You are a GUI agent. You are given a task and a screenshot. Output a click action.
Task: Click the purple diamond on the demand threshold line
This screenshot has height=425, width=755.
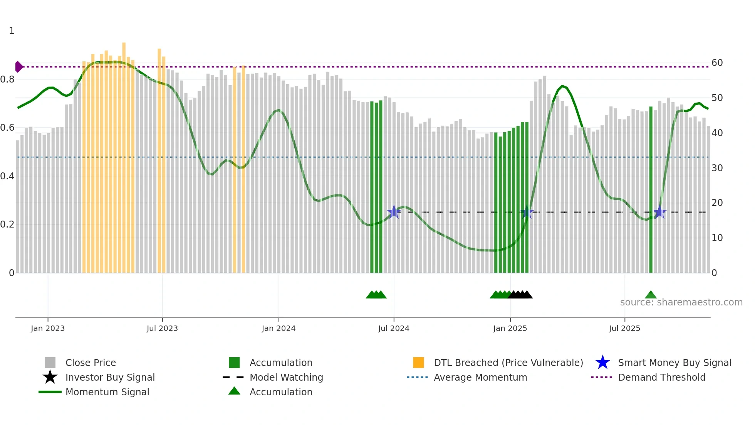[x=18, y=67]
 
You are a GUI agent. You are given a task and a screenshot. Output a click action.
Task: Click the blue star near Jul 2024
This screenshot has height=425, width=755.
[x=394, y=212]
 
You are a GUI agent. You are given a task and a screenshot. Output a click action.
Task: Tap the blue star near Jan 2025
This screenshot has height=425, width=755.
[x=527, y=212]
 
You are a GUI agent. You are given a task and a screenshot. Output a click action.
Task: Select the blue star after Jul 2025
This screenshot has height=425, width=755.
[x=659, y=212]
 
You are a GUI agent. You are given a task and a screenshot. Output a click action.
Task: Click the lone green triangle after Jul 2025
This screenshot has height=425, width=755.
[x=651, y=295]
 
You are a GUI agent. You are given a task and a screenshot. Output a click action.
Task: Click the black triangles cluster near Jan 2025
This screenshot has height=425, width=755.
[x=520, y=295]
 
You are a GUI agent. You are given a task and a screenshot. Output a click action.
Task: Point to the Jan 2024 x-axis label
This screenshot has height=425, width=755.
[x=279, y=328]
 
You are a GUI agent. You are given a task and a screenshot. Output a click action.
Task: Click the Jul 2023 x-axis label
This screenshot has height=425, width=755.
[x=162, y=328]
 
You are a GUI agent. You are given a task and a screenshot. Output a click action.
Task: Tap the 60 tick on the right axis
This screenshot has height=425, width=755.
[x=717, y=63]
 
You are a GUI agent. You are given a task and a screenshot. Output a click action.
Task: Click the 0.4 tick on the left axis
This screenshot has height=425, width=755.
[x=7, y=176]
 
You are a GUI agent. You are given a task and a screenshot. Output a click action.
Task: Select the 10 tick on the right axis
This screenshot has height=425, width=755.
[x=717, y=238]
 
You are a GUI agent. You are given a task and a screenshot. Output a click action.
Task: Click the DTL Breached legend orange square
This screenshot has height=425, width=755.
[x=418, y=363]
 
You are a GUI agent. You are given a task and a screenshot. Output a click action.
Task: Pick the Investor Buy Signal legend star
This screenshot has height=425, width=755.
[x=50, y=377]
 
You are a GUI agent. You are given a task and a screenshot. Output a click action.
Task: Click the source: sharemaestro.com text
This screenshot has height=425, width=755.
[x=681, y=302]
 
